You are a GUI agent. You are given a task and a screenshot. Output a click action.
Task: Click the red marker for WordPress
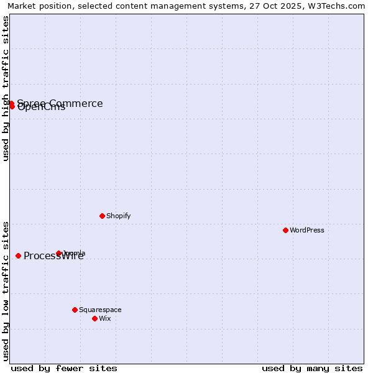[285, 230]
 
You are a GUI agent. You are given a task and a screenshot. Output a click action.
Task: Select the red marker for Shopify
[102, 216]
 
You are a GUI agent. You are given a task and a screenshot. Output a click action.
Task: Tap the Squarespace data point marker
[75, 310]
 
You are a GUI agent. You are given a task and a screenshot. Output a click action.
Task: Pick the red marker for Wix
[94, 318]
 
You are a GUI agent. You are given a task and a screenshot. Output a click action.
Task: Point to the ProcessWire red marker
[18, 256]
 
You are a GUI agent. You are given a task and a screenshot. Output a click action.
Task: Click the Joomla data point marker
[58, 253]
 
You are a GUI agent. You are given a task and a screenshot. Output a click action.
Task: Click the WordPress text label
[307, 230]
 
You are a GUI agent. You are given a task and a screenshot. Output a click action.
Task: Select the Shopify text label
[118, 216]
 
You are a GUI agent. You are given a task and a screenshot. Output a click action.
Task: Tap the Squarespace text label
[100, 310]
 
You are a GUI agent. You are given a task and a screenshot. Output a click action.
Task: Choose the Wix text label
[104, 318]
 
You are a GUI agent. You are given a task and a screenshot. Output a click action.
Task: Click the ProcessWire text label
[53, 256]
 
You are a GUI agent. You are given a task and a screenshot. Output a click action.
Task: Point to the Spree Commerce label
[60, 103]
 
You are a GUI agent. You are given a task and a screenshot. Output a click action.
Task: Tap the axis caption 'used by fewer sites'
[64, 368]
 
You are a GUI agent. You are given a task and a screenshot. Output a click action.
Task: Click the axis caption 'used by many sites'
[312, 368]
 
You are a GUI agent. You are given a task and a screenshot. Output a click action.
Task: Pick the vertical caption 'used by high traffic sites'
[6, 88]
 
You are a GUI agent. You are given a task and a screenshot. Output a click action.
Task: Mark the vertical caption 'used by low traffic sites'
[6, 291]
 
